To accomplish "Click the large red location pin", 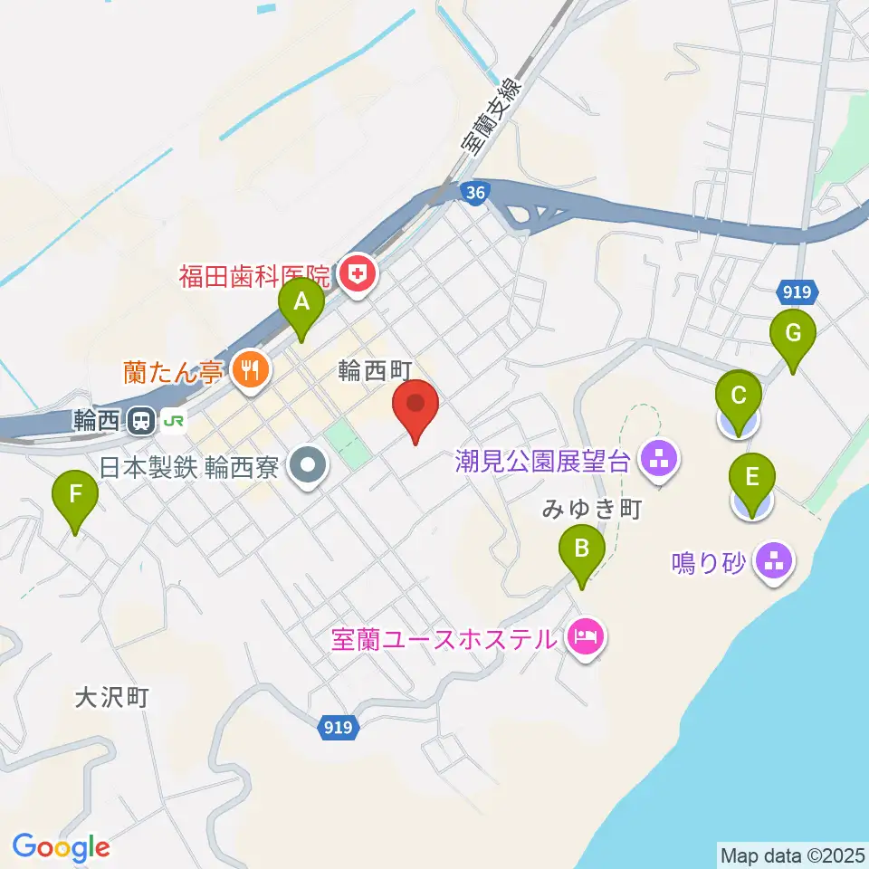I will tap(416, 407).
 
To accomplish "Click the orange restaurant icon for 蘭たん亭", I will tap(246, 370).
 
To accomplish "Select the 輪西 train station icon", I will tap(142, 420).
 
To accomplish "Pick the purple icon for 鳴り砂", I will tap(774, 563).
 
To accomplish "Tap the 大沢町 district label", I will tap(110, 697).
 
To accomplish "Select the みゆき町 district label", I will tap(592, 510).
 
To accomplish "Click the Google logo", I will tap(61, 848).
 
